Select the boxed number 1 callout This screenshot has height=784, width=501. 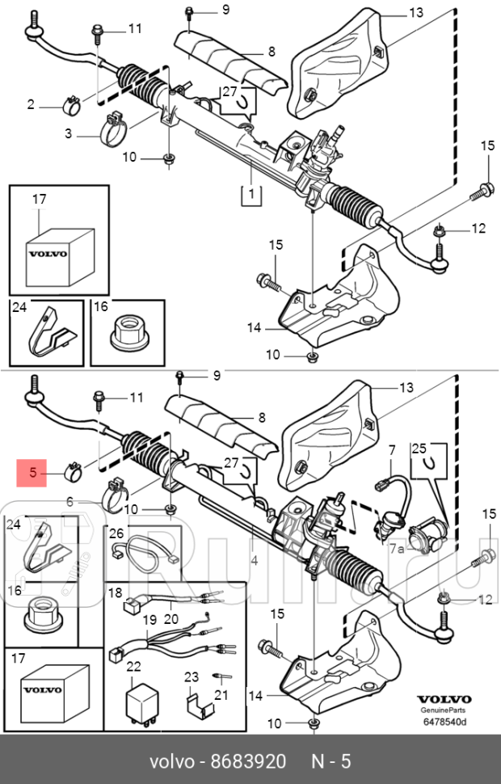click(250, 193)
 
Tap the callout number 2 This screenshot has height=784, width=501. click(32, 103)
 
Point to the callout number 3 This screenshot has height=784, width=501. click(69, 133)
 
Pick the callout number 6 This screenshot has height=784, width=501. click(69, 502)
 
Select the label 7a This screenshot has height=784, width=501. click(396, 548)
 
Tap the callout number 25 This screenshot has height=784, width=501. click(419, 448)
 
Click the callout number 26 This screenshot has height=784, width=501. click(116, 533)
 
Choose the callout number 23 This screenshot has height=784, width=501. click(191, 677)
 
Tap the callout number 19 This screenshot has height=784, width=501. click(149, 620)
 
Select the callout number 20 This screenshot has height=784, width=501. click(171, 620)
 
